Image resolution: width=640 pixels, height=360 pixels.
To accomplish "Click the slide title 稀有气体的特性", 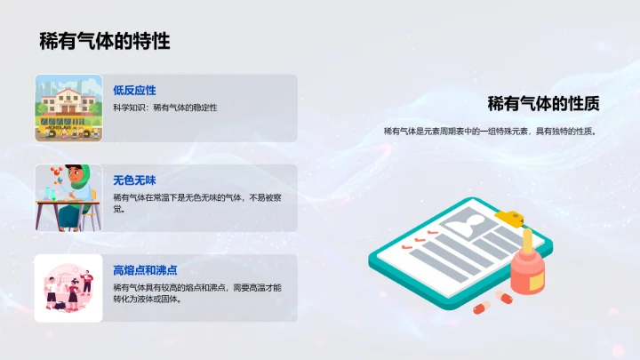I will tap(104, 41).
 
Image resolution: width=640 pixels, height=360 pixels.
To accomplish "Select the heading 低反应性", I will tap(134, 91).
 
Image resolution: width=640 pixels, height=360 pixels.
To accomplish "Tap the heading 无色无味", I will tap(134, 180).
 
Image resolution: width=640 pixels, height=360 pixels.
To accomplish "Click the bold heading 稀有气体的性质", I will tap(543, 104).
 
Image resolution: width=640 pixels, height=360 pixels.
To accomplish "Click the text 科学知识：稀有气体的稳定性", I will tap(164, 108).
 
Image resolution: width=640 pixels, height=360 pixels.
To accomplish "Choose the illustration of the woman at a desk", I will tap(69, 197).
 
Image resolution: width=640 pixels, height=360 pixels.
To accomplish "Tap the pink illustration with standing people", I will tap(69, 287).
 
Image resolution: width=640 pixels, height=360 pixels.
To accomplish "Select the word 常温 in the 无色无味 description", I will tap(163, 197).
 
